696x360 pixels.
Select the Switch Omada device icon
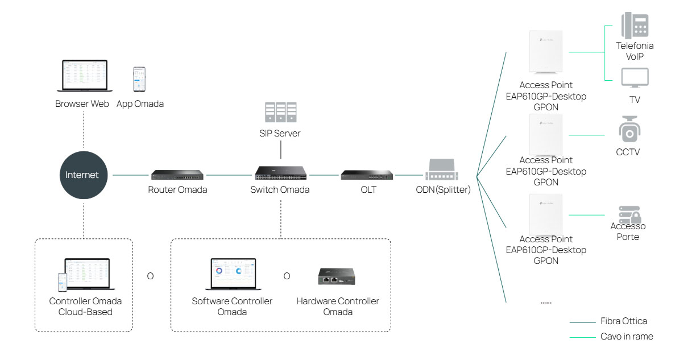click(x=280, y=173)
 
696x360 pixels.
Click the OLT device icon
click(x=368, y=175)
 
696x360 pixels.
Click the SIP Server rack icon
click(x=280, y=113)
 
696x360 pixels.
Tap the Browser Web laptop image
click(x=85, y=76)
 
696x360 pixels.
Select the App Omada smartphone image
click(x=139, y=80)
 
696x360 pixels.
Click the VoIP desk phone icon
click(x=635, y=26)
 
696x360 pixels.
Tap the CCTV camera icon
click(x=629, y=130)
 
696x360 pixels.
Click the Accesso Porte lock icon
click(x=629, y=215)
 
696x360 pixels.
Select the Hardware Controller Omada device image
click(x=336, y=276)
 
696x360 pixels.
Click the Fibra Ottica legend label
click(x=623, y=321)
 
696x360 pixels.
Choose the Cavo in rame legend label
click(x=627, y=337)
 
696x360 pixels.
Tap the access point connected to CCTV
click(x=545, y=135)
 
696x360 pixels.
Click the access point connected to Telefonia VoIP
click(x=545, y=52)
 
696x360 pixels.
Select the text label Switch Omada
click(x=280, y=190)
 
